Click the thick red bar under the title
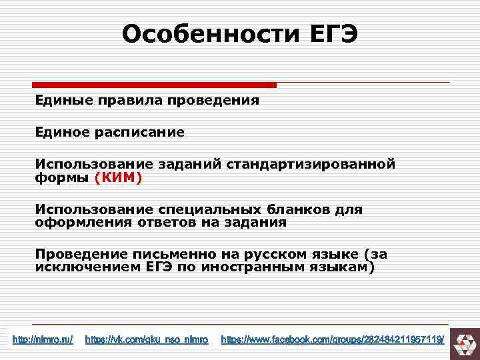point(154,85)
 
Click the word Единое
point(64,132)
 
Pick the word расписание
point(141,132)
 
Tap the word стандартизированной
point(311,163)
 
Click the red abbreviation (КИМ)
point(119,178)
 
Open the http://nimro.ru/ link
point(43,341)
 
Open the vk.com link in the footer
point(147,341)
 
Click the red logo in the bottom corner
point(464,341)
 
